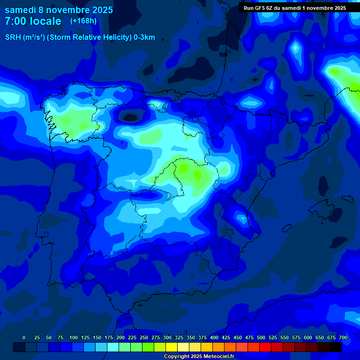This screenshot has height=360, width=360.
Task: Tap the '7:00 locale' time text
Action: click(x=33, y=21)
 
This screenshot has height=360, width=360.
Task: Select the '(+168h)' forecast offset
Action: click(x=83, y=21)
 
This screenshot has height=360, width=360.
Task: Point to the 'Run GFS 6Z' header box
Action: click(x=295, y=8)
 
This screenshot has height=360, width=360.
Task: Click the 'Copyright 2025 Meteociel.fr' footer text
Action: click(x=199, y=356)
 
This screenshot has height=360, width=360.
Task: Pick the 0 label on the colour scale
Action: click(x=24, y=337)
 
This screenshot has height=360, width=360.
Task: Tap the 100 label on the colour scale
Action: click(x=74, y=337)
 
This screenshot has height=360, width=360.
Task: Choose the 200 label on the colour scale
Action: click(x=120, y=337)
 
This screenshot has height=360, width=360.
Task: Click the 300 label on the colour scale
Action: click(x=167, y=337)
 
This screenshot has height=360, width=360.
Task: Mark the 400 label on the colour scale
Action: click(x=214, y=337)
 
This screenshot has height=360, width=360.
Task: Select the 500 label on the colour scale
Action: click(x=261, y=337)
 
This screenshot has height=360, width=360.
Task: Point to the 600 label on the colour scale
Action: click(x=308, y=337)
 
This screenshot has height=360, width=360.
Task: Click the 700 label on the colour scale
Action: click(x=343, y=337)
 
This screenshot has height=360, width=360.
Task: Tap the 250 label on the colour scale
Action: click(x=144, y=337)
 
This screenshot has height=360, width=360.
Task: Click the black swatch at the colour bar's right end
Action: click(x=336, y=347)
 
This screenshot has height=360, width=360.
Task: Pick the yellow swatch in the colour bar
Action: click(x=172, y=347)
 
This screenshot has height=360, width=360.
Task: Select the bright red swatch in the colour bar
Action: click(x=265, y=347)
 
